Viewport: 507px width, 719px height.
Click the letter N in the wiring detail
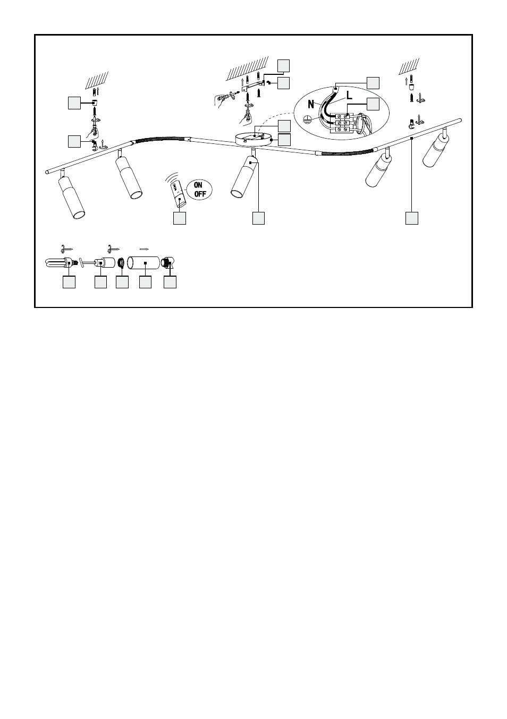point(311,104)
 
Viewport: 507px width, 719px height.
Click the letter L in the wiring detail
point(349,95)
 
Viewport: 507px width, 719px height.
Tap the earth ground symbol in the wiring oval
point(307,119)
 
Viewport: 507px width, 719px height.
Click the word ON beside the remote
point(198,185)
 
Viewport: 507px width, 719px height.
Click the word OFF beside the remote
point(200,194)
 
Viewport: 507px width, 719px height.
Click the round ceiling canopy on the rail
point(253,139)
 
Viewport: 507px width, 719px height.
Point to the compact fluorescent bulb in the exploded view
point(62,263)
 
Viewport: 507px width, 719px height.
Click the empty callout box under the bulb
point(69,282)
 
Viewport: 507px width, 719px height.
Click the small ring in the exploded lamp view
point(122,263)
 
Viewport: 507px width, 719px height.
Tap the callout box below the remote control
point(180,218)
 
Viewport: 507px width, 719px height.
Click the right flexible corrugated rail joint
point(347,152)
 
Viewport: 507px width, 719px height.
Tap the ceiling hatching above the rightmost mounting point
point(409,66)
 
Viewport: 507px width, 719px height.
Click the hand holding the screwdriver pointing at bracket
point(220,99)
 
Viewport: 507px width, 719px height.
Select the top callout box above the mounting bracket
point(283,66)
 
